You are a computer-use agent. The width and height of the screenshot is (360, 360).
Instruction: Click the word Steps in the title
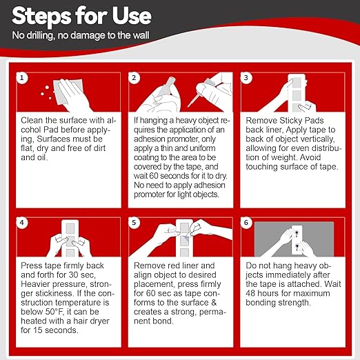41,16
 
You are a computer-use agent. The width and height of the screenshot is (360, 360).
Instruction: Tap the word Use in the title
132,15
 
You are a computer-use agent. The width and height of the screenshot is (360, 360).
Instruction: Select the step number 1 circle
22,78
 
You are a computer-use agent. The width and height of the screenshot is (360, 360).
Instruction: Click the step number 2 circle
134,78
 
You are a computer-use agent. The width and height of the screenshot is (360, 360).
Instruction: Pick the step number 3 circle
246,78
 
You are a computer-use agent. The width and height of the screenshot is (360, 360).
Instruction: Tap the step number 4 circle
22,223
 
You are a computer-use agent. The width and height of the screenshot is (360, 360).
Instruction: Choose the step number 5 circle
134,223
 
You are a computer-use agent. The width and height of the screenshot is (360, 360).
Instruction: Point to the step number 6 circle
246,223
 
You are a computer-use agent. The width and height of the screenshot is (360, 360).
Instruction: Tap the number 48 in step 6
250,293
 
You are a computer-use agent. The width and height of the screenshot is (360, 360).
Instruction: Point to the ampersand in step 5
214,303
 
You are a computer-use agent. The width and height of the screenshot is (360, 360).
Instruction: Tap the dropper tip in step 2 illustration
189,106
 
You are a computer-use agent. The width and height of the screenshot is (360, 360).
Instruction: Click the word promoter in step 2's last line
149,194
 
